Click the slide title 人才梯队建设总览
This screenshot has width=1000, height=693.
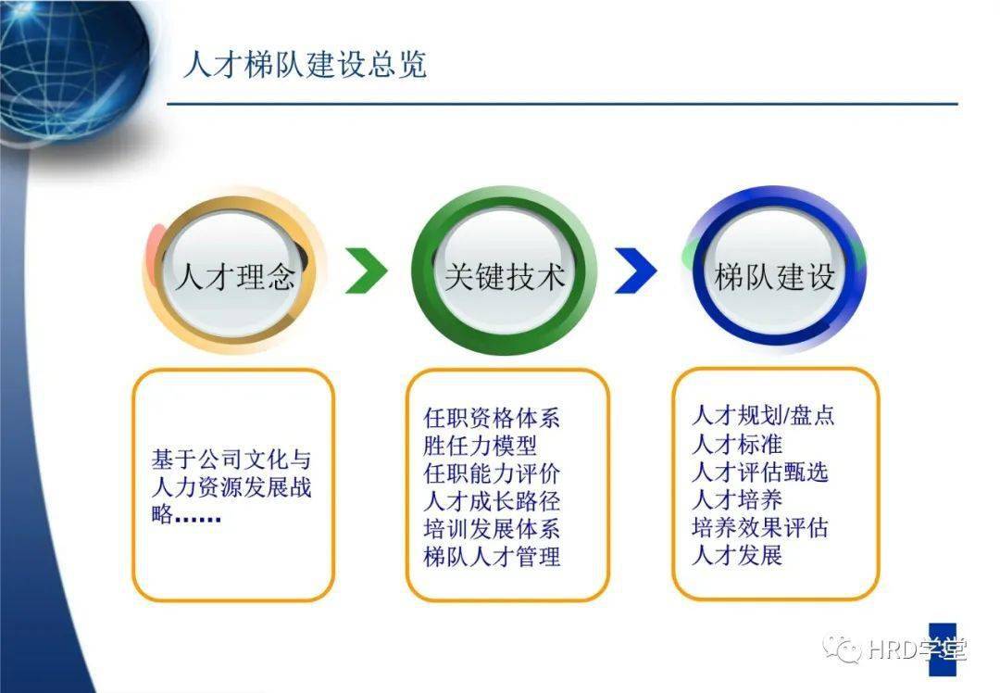coord(305,65)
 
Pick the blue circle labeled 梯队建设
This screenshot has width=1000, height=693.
coord(774,268)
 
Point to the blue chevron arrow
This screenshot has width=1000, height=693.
coord(636,271)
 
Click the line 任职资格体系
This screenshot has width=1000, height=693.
coord(492,418)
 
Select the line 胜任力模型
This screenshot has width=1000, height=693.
coord(481,446)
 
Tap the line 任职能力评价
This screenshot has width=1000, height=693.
coord(492,473)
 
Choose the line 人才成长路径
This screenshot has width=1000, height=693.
coord(492,501)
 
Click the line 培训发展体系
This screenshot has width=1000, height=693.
coord(492,529)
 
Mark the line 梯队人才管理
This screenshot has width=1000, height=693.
coord(492,557)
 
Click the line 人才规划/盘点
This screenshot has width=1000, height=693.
coord(763,415)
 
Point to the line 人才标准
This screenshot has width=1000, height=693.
coord(737,444)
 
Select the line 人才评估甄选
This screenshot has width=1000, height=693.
coord(760,472)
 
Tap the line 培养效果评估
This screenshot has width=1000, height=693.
coord(760,527)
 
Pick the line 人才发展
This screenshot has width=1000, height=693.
coord(737,555)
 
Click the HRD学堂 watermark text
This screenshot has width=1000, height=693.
coord(917,649)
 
